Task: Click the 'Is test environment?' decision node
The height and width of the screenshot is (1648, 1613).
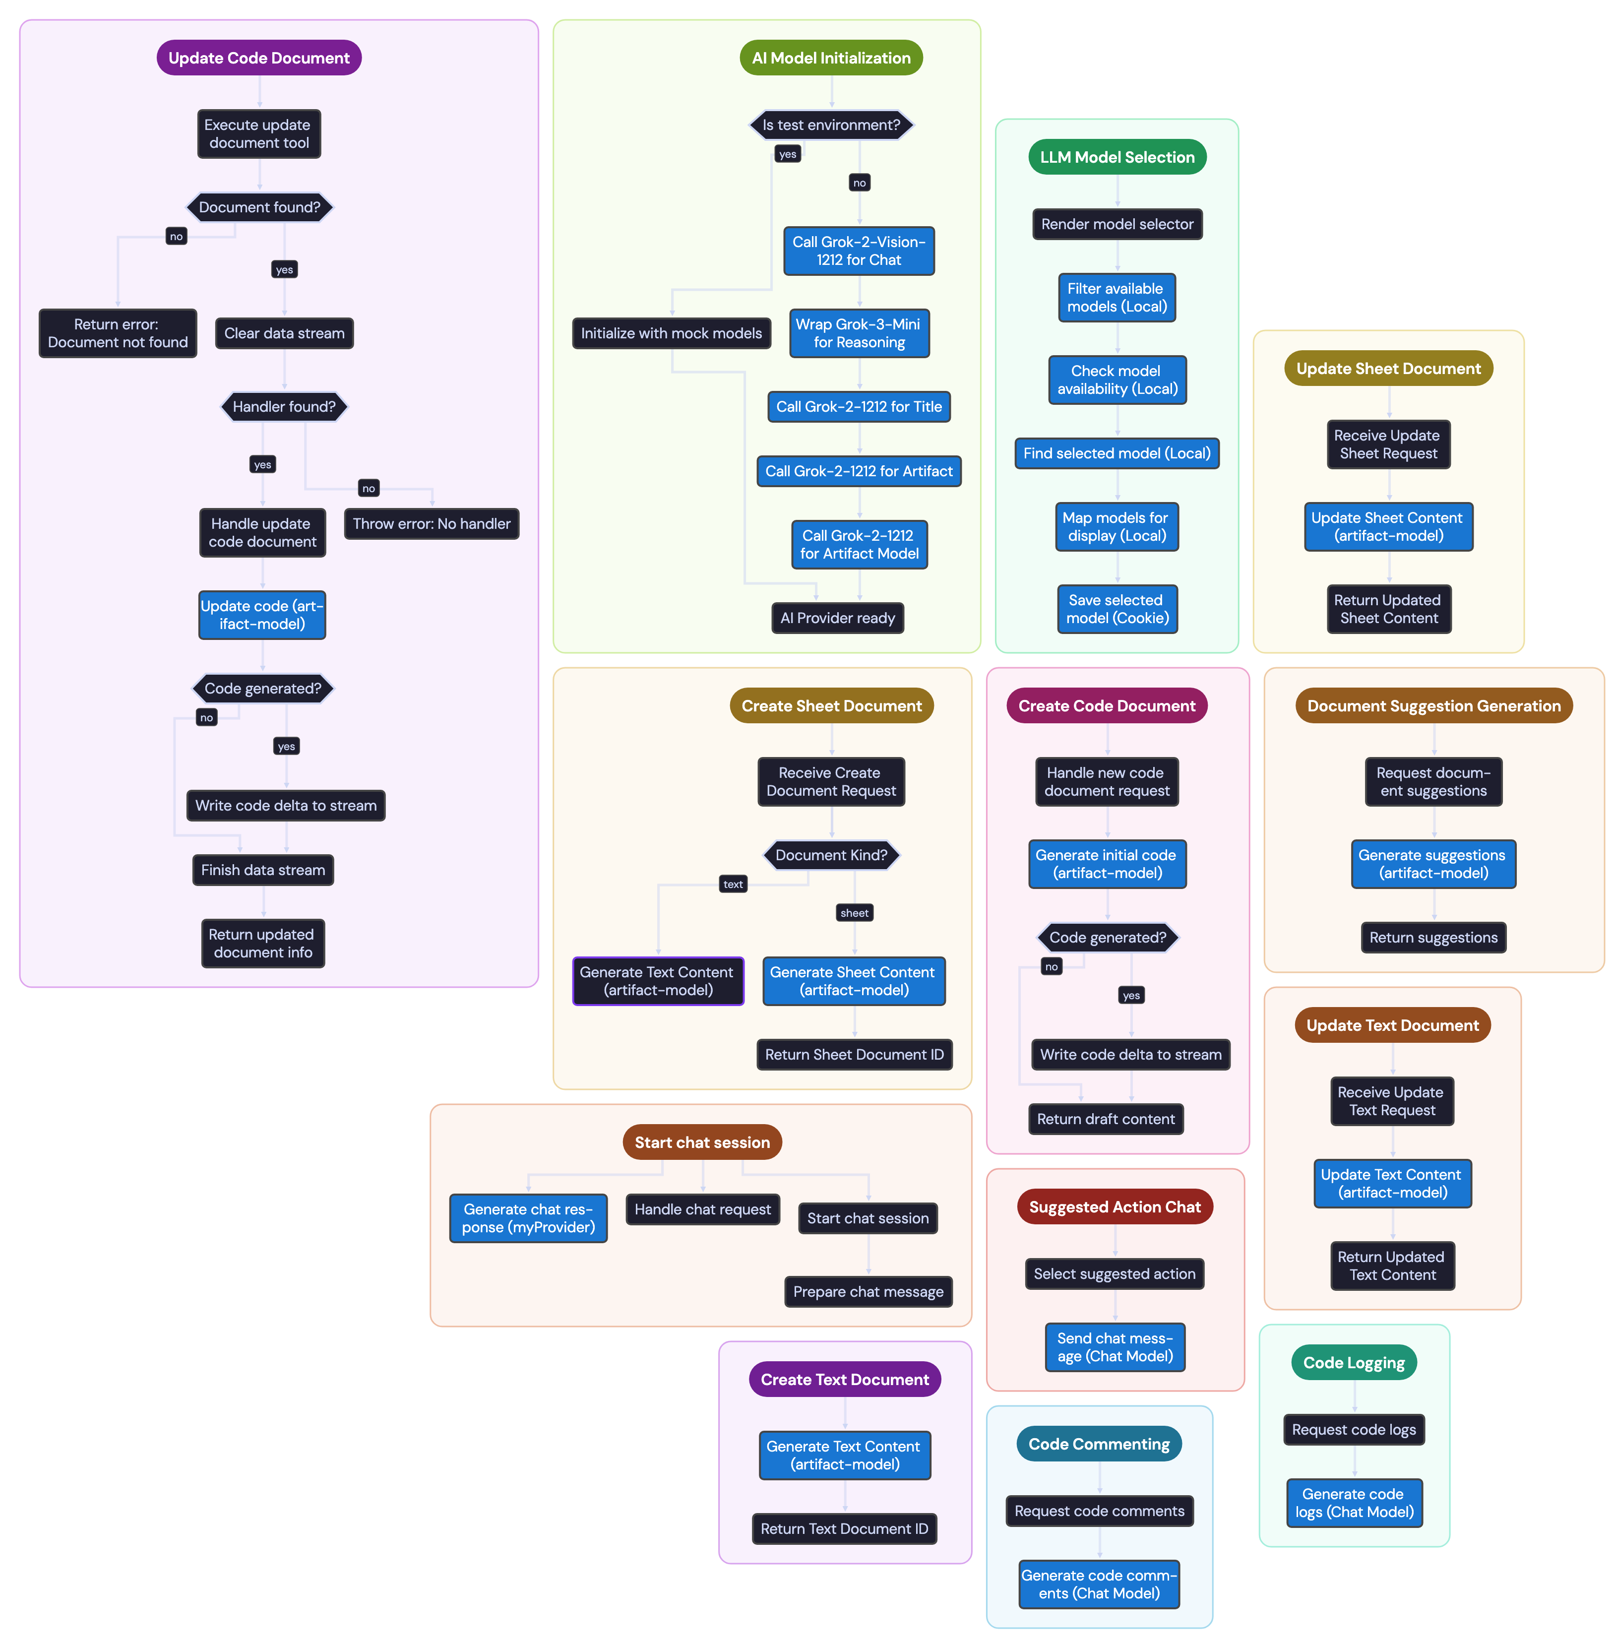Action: coord(831,125)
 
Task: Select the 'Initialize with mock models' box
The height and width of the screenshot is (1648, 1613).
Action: coord(671,333)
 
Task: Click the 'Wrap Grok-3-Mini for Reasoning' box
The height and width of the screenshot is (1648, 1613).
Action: coord(859,333)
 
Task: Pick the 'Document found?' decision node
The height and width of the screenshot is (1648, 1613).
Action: coord(259,207)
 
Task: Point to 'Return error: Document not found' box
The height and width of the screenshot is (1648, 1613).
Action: coord(118,333)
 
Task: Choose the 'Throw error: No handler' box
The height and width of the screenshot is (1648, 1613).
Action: coord(431,524)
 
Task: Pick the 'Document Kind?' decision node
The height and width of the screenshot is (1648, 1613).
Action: coord(831,855)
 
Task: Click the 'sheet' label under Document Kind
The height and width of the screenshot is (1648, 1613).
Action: coord(854,912)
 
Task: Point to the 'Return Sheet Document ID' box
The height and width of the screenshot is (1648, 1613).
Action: coord(854,1054)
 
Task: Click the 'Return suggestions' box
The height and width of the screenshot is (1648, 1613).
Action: coord(1433,937)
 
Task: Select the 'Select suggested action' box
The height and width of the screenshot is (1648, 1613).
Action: coord(1114,1273)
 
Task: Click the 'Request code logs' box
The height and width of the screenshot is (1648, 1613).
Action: coord(1354,1429)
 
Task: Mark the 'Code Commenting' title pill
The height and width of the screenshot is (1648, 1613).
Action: coord(1099,1444)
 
